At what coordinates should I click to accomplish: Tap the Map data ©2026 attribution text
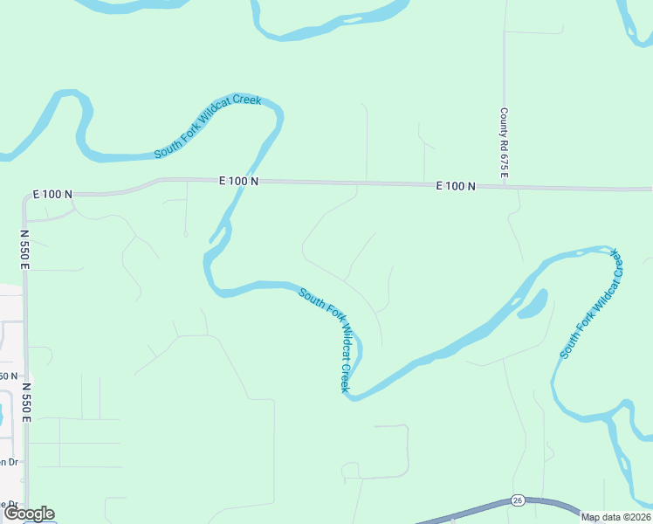click(x=615, y=517)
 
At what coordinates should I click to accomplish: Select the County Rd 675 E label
click(x=505, y=144)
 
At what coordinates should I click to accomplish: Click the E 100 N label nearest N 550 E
click(x=52, y=193)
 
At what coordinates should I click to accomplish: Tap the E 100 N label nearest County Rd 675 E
click(x=457, y=186)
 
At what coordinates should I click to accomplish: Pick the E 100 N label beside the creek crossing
click(x=238, y=181)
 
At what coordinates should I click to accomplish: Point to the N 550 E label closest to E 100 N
click(x=25, y=249)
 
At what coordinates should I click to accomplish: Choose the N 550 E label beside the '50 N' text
click(x=26, y=402)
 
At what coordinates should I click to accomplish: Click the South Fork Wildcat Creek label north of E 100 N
click(x=208, y=128)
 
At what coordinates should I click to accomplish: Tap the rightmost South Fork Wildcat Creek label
click(x=594, y=304)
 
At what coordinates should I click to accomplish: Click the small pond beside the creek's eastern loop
click(x=533, y=305)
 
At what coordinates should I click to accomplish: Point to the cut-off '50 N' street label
click(x=8, y=376)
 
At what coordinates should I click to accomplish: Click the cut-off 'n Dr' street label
click(x=8, y=462)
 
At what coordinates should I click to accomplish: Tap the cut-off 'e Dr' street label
click(x=8, y=504)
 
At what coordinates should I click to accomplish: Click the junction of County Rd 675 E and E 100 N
click(x=505, y=186)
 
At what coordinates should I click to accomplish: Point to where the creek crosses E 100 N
click(x=251, y=180)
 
